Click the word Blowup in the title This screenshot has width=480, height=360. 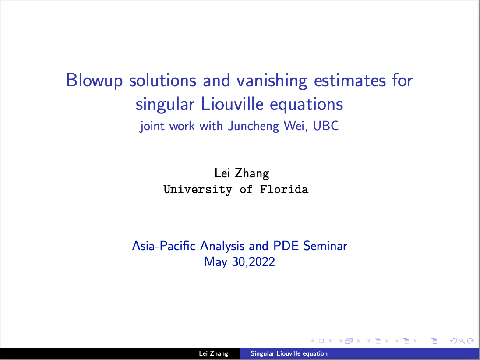click(x=95, y=81)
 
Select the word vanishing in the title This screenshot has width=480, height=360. click(x=272, y=81)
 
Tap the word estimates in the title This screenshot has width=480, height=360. click(x=350, y=81)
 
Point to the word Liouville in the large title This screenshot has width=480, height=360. click(x=233, y=104)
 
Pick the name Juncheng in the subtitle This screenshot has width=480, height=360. click(x=254, y=126)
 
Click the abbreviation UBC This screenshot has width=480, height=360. click(x=326, y=126)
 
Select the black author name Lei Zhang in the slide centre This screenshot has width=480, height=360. click(x=242, y=173)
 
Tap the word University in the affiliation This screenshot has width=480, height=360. click(x=198, y=190)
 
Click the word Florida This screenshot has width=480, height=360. click(x=284, y=189)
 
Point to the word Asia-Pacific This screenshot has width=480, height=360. click(x=164, y=246)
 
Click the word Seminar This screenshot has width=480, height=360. click(x=325, y=246)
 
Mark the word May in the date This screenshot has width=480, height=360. click(x=215, y=262)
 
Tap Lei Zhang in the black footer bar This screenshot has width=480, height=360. click(x=214, y=353)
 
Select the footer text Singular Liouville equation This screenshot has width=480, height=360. click(x=289, y=353)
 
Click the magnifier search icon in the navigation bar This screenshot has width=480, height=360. click(x=462, y=341)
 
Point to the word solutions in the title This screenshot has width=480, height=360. click(x=162, y=81)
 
